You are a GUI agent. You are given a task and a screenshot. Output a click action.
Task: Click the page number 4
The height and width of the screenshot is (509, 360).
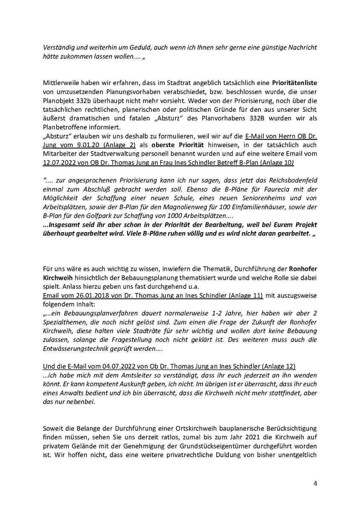(315, 483)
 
